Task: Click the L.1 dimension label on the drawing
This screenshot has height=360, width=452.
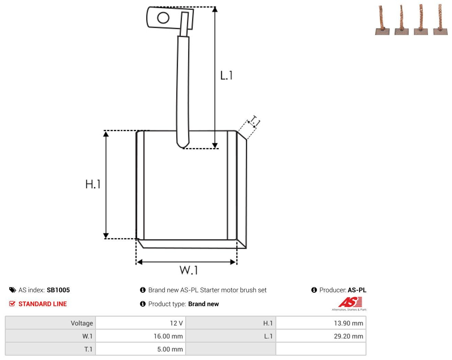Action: [x=226, y=76]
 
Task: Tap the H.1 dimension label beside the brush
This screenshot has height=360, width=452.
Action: [x=93, y=184]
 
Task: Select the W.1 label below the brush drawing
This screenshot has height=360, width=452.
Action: [x=189, y=270]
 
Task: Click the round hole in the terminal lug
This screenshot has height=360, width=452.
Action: [x=163, y=18]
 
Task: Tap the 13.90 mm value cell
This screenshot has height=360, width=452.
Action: [x=321, y=323]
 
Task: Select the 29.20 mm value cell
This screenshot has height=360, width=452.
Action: [x=321, y=336]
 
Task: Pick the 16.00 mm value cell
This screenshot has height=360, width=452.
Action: [x=140, y=336]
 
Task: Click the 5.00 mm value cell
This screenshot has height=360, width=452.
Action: [x=140, y=349]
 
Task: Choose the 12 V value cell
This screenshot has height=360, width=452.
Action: [x=140, y=323]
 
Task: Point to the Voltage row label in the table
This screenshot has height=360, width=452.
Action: [x=82, y=323]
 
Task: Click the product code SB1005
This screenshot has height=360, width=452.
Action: [x=58, y=290]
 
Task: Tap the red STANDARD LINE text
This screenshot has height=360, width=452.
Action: [x=43, y=304]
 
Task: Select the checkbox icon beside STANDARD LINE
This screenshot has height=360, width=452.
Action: [x=12, y=304]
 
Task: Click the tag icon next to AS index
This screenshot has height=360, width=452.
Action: [x=13, y=290]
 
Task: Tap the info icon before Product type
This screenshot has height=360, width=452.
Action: [x=143, y=304]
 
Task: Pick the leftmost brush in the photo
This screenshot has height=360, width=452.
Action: [x=382, y=20]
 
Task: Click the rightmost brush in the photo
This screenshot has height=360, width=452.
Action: [x=441, y=20]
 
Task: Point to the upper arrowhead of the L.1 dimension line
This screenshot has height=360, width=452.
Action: [x=215, y=10]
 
